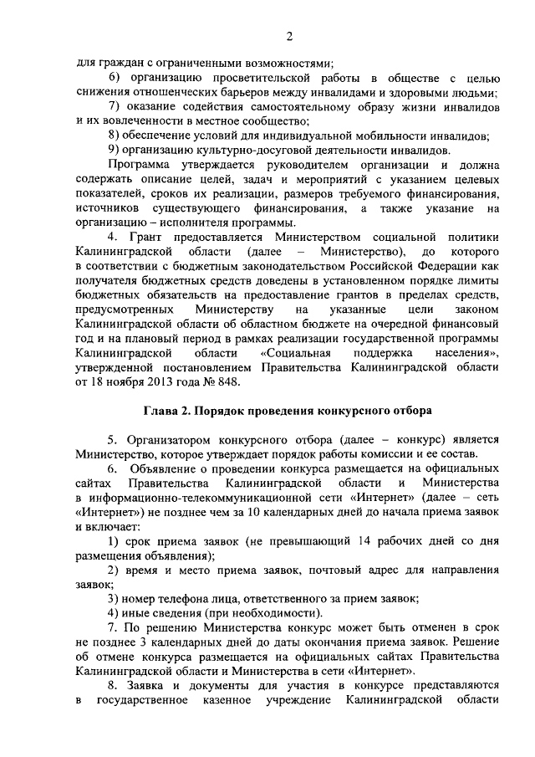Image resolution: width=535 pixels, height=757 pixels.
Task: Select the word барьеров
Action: click(x=239, y=93)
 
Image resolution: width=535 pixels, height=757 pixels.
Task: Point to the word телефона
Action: click(x=185, y=599)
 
